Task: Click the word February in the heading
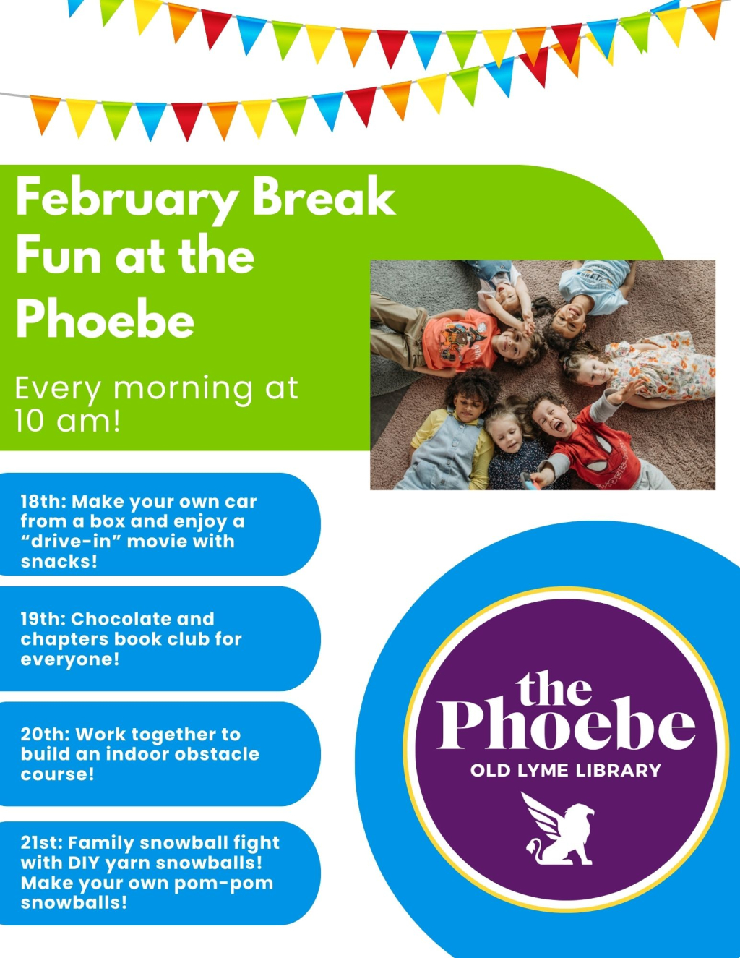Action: pyautogui.click(x=126, y=198)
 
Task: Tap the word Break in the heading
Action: pyautogui.click(x=324, y=197)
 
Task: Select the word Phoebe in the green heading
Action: pyautogui.click(x=106, y=320)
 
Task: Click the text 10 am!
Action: pyautogui.click(x=67, y=420)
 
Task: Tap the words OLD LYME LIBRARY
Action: pyautogui.click(x=565, y=771)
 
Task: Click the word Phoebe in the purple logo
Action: pyautogui.click(x=565, y=725)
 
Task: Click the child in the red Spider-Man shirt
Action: pyautogui.click(x=593, y=441)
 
